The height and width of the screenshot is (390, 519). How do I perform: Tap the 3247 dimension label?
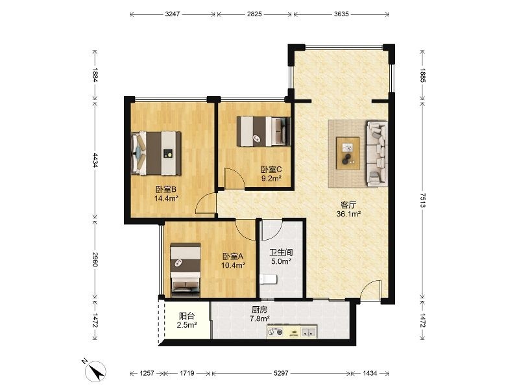(x=173, y=14)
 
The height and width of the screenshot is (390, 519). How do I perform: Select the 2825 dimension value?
(x=254, y=14)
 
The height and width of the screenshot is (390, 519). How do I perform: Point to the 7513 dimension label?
(x=423, y=200)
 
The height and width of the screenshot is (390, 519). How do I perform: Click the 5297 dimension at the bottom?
(x=281, y=373)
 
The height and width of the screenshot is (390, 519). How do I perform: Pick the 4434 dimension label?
(x=95, y=160)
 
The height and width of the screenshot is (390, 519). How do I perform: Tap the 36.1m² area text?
(x=348, y=214)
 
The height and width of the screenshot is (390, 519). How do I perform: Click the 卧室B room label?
(x=166, y=189)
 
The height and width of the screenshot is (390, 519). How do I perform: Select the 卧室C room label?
(x=271, y=170)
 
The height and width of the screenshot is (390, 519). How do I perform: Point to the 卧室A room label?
(x=233, y=256)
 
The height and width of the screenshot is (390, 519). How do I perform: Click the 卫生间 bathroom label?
(x=281, y=253)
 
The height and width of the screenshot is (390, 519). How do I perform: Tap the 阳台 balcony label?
(x=187, y=316)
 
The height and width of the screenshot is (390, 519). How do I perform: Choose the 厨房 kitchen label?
(x=259, y=310)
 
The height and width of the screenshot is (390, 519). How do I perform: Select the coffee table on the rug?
(x=348, y=153)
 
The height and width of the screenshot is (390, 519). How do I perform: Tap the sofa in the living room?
(x=377, y=153)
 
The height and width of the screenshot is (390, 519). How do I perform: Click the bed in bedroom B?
(x=156, y=153)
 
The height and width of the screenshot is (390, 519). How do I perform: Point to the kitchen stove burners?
(x=276, y=332)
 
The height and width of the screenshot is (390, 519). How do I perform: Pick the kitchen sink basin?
(x=308, y=331)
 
